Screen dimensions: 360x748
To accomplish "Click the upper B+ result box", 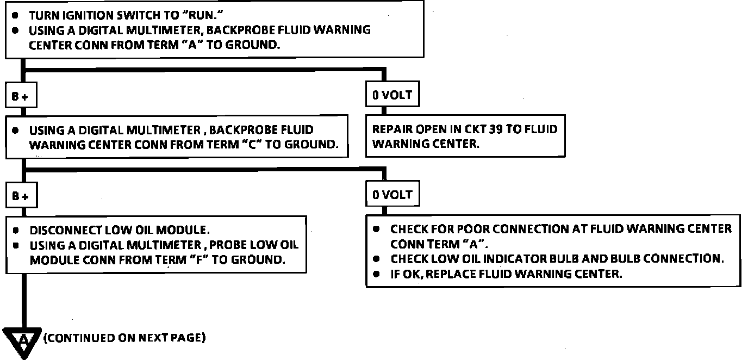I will tap(21, 96).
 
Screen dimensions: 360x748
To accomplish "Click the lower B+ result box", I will tap(21, 196).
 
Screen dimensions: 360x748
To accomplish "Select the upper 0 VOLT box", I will tap(392, 95).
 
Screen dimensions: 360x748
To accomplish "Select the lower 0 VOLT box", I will tap(392, 195).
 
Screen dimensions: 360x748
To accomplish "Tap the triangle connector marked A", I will tap(23, 341).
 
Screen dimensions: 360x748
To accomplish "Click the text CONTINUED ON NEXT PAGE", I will tap(124, 338).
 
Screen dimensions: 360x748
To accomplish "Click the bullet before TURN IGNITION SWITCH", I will tap(17, 16).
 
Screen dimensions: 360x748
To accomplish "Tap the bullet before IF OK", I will tap(377, 274).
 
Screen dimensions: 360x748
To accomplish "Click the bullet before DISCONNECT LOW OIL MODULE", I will tap(17, 230).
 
